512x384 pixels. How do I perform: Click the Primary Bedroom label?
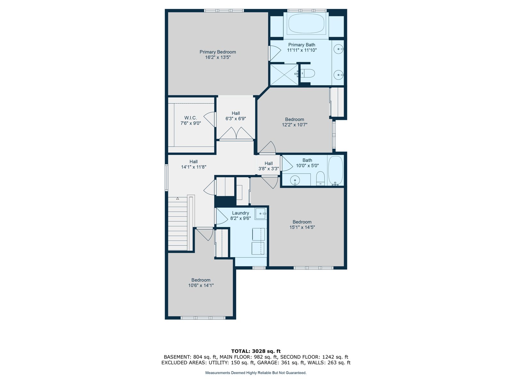217,52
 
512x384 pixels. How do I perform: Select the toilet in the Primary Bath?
308,74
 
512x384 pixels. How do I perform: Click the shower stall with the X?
284,75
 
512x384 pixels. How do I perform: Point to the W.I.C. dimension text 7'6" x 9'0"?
190,123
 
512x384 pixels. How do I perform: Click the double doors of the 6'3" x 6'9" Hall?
236,133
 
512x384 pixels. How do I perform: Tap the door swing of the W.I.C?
210,119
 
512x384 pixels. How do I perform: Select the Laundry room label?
240,213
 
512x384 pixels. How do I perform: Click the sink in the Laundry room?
260,213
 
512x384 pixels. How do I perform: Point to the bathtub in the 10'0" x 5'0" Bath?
335,171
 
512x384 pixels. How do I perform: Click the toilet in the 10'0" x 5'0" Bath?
320,179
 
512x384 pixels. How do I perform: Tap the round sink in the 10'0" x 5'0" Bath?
295,180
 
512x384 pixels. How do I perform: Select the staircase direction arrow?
178,198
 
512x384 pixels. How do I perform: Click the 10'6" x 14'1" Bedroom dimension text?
201,285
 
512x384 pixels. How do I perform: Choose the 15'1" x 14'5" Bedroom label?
302,222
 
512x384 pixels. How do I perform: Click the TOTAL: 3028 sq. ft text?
256,351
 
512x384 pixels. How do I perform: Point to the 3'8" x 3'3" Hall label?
268,164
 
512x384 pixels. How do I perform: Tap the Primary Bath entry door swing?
275,53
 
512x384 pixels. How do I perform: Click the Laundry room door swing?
221,216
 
